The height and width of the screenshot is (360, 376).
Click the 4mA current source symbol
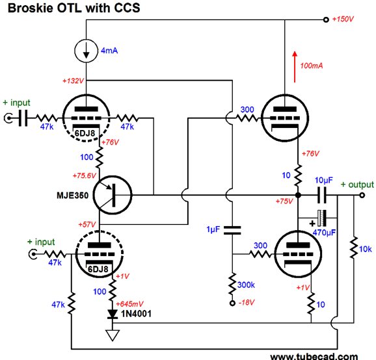click(86, 51)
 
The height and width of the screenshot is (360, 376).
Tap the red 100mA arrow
click(295, 67)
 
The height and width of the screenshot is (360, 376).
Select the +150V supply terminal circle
click(326, 19)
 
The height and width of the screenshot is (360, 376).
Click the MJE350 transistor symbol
click(113, 195)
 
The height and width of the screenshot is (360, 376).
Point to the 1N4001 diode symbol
click(113, 314)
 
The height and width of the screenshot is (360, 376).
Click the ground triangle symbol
click(113, 335)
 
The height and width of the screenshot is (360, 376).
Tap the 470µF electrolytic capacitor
click(322, 218)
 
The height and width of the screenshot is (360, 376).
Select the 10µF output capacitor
click(322, 195)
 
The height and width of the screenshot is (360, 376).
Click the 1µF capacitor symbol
click(232, 230)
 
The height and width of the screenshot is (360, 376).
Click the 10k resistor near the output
click(354, 248)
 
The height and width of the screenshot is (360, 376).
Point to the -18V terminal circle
click(232, 303)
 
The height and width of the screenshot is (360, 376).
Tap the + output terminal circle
click(362, 195)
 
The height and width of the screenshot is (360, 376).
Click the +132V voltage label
click(73, 81)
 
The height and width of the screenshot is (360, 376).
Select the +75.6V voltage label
click(84, 175)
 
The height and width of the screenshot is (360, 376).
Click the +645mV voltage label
click(129, 304)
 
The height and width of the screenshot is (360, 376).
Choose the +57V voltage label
click(87, 224)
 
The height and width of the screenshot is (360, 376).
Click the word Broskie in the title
click(30, 8)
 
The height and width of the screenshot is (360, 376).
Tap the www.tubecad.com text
click(314, 356)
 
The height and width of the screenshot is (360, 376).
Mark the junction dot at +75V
click(298, 195)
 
